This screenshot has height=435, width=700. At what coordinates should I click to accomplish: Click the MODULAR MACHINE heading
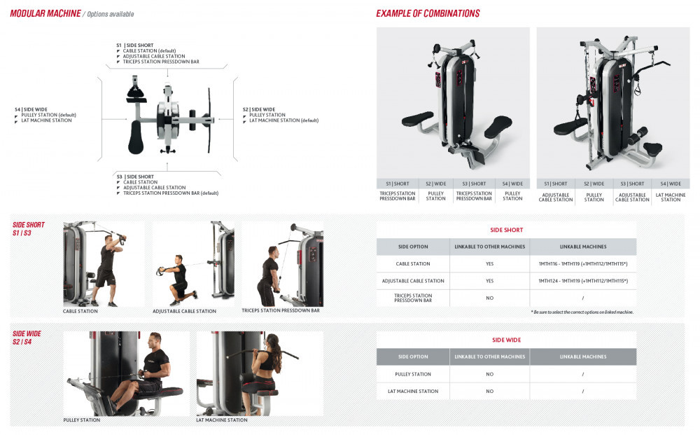[45, 14]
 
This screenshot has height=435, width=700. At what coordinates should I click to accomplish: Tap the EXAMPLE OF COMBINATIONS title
[428, 14]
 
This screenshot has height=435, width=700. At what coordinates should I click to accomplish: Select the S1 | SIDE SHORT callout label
[135, 45]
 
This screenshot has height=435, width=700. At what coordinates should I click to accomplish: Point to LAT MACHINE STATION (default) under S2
[284, 120]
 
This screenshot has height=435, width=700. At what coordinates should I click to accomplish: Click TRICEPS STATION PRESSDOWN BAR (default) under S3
[171, 193]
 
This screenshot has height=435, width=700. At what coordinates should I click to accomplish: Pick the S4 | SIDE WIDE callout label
[31, 109]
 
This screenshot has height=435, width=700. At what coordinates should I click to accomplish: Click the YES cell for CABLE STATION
[490, 264]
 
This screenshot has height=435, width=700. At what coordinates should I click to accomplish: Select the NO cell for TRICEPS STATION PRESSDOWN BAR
[490, 298]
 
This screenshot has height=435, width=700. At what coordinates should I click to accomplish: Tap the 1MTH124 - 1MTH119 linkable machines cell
[583, 281]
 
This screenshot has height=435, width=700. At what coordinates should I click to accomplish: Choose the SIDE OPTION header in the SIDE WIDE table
[413, 357]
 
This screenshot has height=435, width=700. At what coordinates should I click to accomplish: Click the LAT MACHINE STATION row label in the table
[413, 392]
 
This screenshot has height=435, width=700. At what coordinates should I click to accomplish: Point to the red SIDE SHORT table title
[506, 230]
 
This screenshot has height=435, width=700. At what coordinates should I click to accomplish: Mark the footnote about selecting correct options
[582, 312]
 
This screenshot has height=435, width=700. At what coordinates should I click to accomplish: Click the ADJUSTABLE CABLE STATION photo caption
[184, 311]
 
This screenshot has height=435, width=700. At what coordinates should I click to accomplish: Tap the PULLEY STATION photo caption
[82, 420]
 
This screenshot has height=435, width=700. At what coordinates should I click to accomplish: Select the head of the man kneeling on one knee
[178, 260]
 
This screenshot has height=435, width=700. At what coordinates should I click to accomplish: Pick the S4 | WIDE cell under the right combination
[671, 184]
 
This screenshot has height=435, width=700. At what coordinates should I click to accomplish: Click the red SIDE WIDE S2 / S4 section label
[27, 338]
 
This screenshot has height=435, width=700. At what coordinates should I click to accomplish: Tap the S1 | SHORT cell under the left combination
[398, 184]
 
